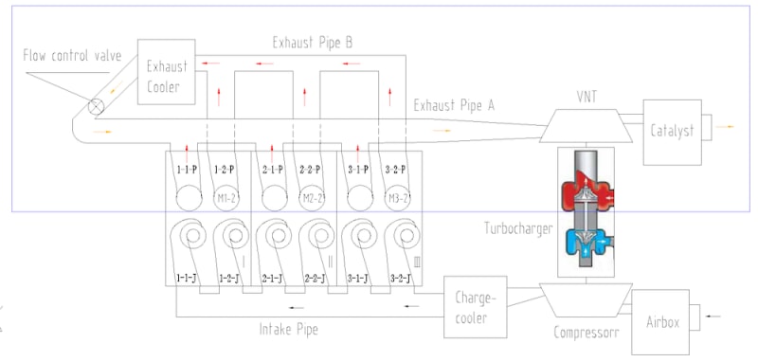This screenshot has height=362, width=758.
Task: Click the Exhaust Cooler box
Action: coord(167,71)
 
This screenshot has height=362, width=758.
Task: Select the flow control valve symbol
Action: coord(97,106)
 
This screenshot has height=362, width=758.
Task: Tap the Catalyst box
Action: coord(672,132)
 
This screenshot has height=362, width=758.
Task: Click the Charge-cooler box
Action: coord(476,307)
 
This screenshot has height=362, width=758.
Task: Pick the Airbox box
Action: coord(660,322)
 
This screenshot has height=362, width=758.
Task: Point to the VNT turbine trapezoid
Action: coord(587,126)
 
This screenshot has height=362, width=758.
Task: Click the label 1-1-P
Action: coord(187,170)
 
